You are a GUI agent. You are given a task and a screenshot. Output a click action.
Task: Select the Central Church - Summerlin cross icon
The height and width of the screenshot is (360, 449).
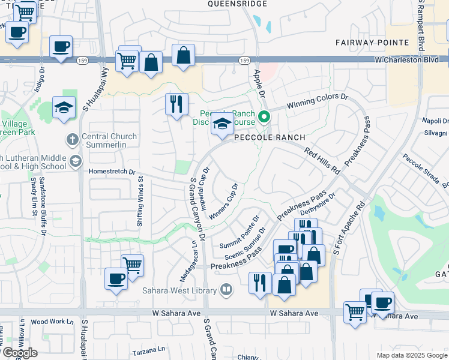72,140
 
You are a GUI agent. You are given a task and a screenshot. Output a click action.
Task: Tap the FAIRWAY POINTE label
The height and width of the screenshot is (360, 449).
372,43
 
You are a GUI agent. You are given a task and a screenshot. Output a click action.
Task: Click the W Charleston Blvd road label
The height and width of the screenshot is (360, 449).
411,60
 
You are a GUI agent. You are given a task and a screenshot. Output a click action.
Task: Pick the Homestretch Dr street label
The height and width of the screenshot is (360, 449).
112,171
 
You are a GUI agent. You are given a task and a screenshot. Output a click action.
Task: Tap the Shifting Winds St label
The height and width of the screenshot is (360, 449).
140,200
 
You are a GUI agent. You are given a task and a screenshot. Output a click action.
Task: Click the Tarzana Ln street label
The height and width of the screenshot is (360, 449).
148,349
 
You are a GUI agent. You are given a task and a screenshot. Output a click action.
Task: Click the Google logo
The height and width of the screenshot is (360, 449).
19,353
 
